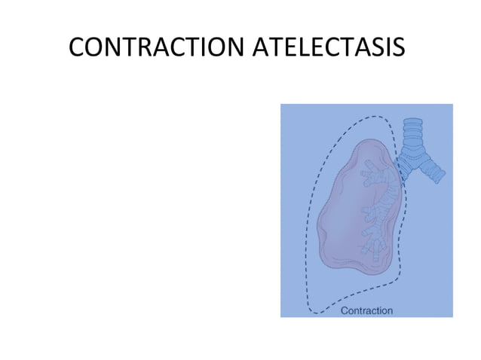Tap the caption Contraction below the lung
click(367, 310)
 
